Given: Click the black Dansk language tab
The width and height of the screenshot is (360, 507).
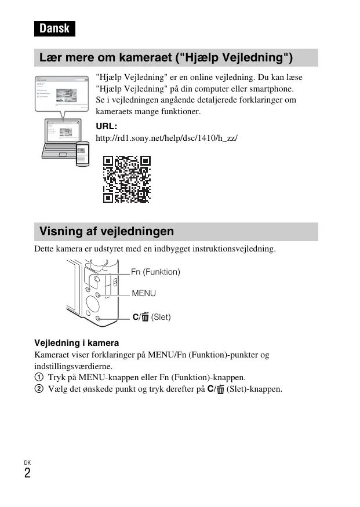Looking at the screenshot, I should click(54, 28).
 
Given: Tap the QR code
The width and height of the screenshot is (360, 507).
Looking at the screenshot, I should click(126, 179).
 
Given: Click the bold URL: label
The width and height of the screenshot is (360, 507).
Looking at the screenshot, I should click(106, 126).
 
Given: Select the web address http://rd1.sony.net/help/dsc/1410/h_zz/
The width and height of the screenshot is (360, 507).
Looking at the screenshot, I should click(166, 139).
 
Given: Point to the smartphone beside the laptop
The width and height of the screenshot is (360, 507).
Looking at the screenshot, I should click(83, 154).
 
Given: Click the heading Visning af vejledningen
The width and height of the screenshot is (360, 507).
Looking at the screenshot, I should click(107, 232).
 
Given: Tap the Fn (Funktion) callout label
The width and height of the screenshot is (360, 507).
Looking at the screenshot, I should click(155, 272).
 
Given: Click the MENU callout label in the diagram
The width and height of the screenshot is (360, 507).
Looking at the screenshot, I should click(144, 293).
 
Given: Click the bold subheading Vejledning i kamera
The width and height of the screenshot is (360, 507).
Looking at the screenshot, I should click(77, 343).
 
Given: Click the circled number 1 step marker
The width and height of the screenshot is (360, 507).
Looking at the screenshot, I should click(39, 377).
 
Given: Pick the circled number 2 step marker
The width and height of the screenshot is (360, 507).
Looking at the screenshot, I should click(39, 389).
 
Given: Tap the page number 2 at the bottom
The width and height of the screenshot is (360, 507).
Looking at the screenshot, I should click(27, 473).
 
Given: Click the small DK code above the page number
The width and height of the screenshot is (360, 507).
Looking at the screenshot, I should click(27, 462).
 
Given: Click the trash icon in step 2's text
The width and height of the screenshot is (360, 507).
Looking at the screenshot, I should click(220, 389).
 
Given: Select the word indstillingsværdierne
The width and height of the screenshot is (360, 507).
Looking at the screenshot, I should click(73, 366).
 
